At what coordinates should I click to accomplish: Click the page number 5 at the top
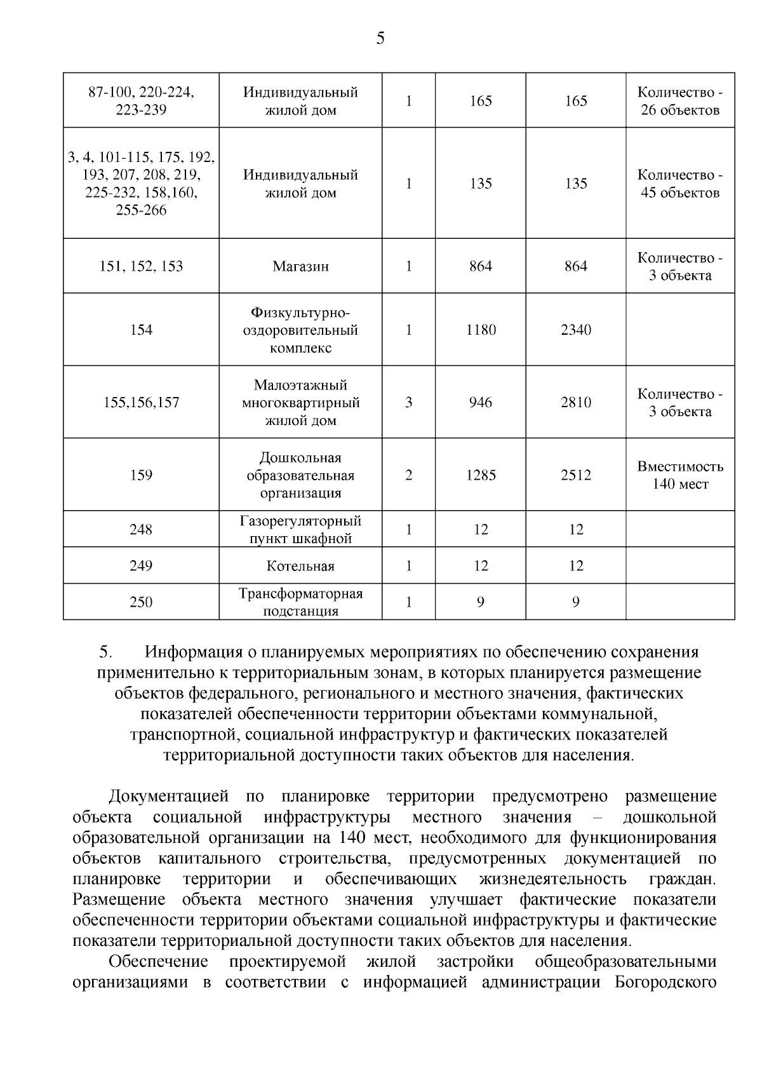point(380,39)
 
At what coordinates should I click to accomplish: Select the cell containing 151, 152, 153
point(141,266)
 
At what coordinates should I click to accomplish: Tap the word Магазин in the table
point(300,267)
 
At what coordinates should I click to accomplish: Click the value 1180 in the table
point(481,330)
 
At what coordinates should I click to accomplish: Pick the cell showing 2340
point(575,330)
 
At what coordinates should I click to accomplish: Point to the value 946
point(481,402)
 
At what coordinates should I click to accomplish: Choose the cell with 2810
point(575,402)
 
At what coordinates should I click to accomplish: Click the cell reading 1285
point(481,475)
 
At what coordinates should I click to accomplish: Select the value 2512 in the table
point(575,475)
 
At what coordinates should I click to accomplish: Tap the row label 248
point(141,529)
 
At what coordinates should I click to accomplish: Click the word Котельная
point(300,566)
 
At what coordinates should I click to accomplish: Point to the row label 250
point(141,602)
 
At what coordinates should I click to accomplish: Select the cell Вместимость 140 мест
point(680,475)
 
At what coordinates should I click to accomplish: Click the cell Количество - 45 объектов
point(680,184)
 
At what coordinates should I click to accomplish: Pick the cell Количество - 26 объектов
point(680,101)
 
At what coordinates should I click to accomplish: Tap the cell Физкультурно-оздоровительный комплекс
point(300,330)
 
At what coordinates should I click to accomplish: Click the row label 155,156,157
point(141,402)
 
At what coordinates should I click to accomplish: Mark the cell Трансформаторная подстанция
point(300,602)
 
